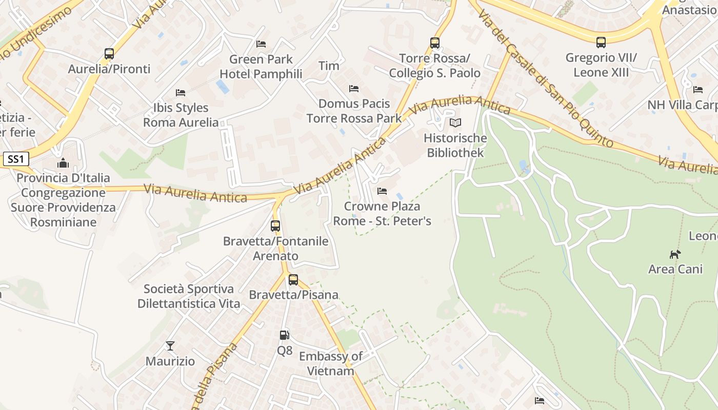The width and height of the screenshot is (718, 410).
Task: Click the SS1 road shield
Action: pyautogui.click(x=15, y=159)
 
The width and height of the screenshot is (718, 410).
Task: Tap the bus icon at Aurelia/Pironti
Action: pyautogui.click(x=109, y=54)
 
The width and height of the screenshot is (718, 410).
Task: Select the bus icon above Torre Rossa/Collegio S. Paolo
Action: pyautogui.click(x=434, y=43)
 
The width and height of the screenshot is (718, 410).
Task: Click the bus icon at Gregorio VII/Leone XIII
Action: pyautogui.click(x=601, y=43)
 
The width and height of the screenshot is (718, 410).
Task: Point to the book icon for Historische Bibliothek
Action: pyautogui.click(x=455, y=123)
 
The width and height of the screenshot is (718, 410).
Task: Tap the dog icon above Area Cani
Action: pyautogui.click(x=675, y=254)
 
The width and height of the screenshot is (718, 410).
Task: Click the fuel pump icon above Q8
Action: pyautogui.click(x=284, y=335)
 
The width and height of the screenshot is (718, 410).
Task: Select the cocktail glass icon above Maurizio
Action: pyautogui.click(x=170, y=346)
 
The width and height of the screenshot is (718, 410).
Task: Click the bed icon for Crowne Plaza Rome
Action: pyautogui.click(x=382, y=191)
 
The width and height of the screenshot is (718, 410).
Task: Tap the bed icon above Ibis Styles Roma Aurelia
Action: pyautogui.click(x=181, y=93)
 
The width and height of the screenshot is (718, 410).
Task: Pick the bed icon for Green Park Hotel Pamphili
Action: pyautogui.click(x=261, y=44)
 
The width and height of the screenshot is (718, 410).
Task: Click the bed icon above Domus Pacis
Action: pyautogui.click(x=354, y=89)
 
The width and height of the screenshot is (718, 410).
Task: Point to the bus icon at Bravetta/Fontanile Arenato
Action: pyautogui.click(x=275, y=226)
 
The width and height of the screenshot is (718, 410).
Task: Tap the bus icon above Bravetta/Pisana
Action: pyautogui.click(x=293, y=280)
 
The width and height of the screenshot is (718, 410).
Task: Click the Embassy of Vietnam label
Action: pyautogui.click(x=330, y=363)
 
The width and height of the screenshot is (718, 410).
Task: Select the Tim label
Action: pyautogui.click(x=329, y=66)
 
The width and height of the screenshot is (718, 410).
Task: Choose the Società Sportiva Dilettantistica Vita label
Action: pyautogui.click(x=189, y=296)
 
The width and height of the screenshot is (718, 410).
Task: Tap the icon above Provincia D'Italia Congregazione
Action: pyautogui.click(x=63, y=163)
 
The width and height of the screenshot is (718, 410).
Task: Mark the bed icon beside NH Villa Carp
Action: pyautogui.click(x=698, y=90)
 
